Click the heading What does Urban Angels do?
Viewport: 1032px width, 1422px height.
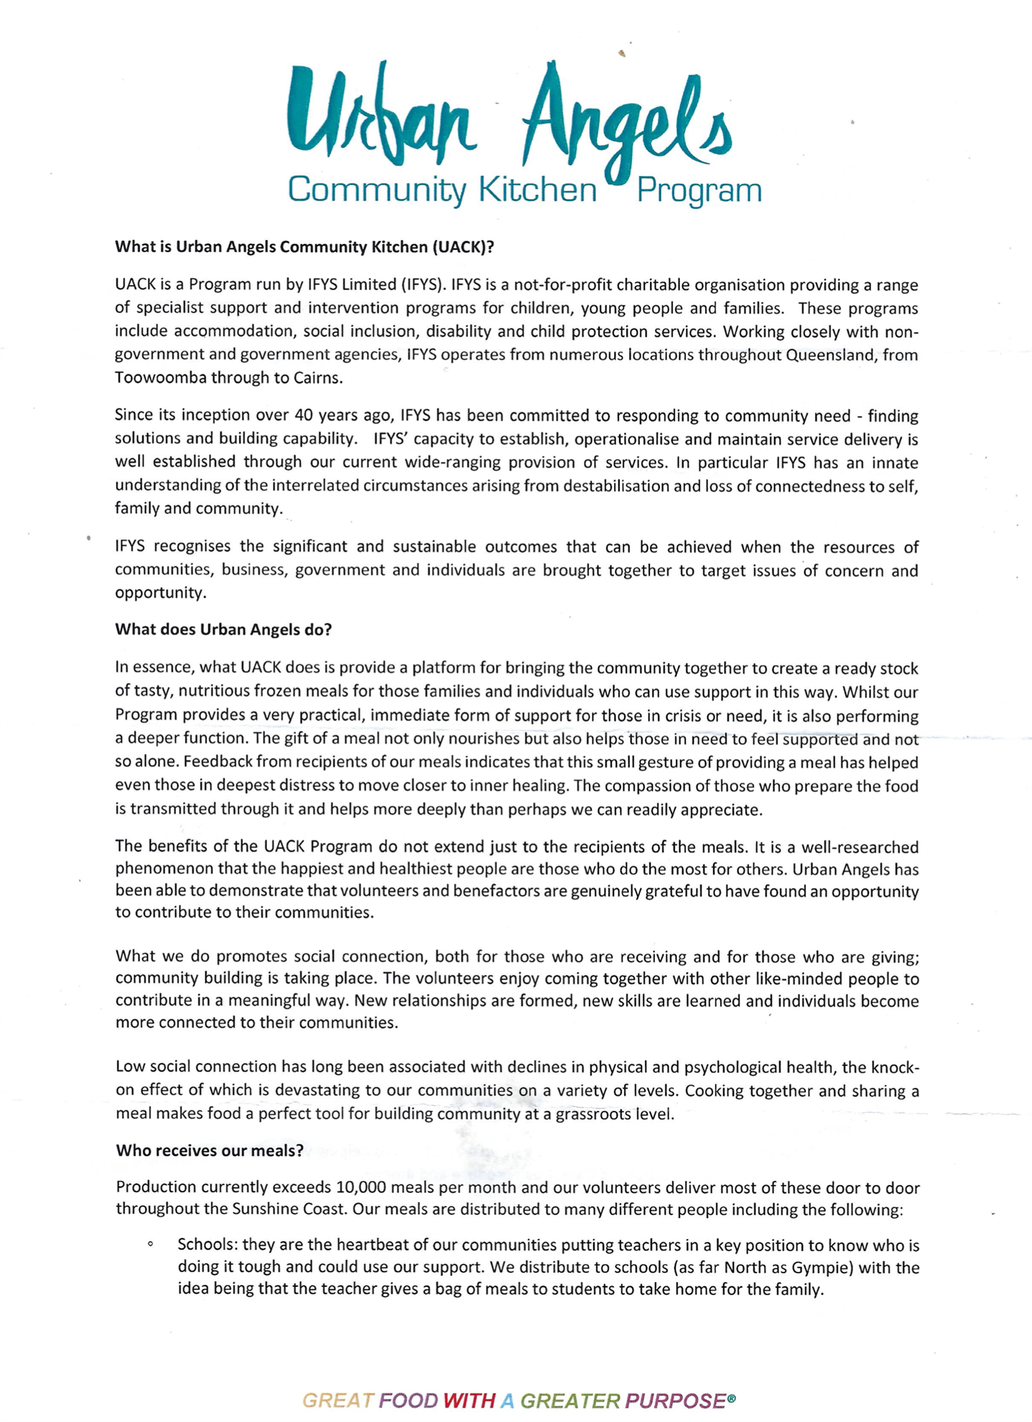click(x=223, y=630)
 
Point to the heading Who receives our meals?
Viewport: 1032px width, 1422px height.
click(x=210, y=1151)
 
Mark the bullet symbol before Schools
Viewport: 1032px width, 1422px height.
click(x=150, y=1245)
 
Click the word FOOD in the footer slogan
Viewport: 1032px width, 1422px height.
click(x=409, y=1400)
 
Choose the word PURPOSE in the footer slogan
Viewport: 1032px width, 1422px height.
click(x=675, y=1400)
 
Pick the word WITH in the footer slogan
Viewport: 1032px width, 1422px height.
click(x=469, y=1400)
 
